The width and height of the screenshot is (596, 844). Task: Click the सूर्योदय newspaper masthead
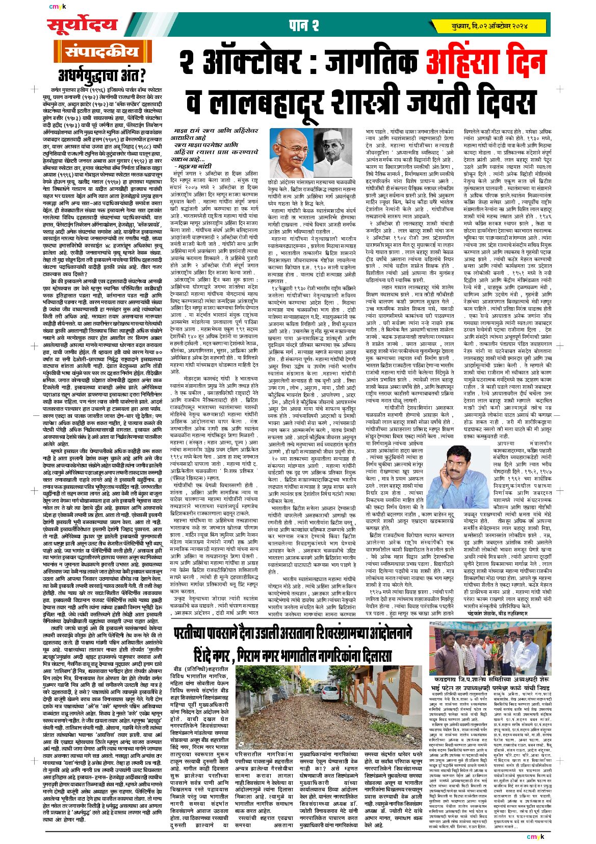[x=82, y=25]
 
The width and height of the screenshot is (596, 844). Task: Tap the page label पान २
[x=304, y=26]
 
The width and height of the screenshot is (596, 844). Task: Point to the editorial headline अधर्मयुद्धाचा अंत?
[x=101, y=76]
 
